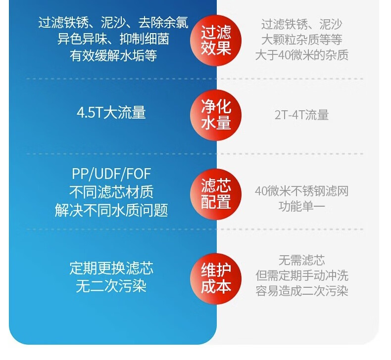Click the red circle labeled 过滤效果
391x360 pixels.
click(216, 40)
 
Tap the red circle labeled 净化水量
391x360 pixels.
click(216, 114)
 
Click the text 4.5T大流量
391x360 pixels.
click(111, 113)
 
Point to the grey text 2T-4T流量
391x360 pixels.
click(302, 115)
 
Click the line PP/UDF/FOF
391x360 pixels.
click(111, 174)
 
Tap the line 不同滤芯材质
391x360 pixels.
click(111, 192)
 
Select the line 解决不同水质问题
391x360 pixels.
click(111, 210)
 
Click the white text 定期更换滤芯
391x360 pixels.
click(111, 269)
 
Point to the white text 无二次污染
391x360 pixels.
click(111, 286)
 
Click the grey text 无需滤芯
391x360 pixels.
click(302, 260)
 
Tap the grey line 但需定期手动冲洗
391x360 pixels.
click(302, 275)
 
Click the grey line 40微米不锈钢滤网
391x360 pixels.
click(302, 191)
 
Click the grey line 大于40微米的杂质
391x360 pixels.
click(302, 54)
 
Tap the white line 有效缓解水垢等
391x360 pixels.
click(113, 55)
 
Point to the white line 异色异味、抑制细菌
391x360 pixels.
click(113, 39)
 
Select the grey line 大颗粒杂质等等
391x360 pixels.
click(302, 39)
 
